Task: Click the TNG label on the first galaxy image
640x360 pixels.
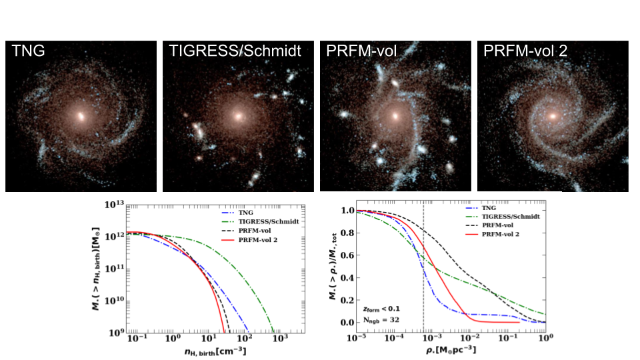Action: point(28,51)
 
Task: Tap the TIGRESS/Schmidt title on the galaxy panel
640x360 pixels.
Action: point(235,51)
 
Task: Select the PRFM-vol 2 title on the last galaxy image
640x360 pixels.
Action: point(525,51)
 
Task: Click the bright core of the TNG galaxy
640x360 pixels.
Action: point(81,116)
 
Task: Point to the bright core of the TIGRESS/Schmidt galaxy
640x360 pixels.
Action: point(238,116)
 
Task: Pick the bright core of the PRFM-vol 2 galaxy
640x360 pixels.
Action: point(553,116)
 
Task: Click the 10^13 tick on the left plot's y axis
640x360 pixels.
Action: point(114,205)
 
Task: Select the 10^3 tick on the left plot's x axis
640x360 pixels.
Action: point(281,339)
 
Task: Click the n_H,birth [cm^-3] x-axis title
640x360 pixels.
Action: point(215,351)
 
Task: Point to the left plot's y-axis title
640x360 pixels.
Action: point(95,269)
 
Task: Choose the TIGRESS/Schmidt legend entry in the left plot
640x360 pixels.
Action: point(261,221)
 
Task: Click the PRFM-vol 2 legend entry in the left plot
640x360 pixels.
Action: point(249,240)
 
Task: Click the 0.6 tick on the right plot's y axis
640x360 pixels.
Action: point(347,255)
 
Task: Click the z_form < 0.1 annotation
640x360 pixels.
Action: point(381,309)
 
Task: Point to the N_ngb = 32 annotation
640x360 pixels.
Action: point(381,320)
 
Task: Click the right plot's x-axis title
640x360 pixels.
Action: point(451,350)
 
